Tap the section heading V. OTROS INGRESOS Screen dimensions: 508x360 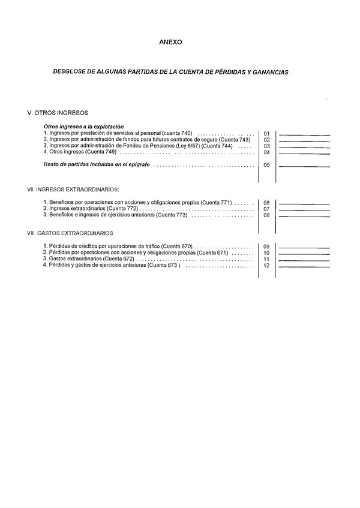(58, 112)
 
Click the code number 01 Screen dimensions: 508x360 (266, 133)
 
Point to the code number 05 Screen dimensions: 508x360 (266, 165)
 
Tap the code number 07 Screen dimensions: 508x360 (266, 209)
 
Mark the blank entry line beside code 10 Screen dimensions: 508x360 (304, 254)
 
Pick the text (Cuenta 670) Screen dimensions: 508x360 (177, 247)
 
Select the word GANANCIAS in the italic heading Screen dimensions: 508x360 (268, 71)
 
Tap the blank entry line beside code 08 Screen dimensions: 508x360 (304, 215)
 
